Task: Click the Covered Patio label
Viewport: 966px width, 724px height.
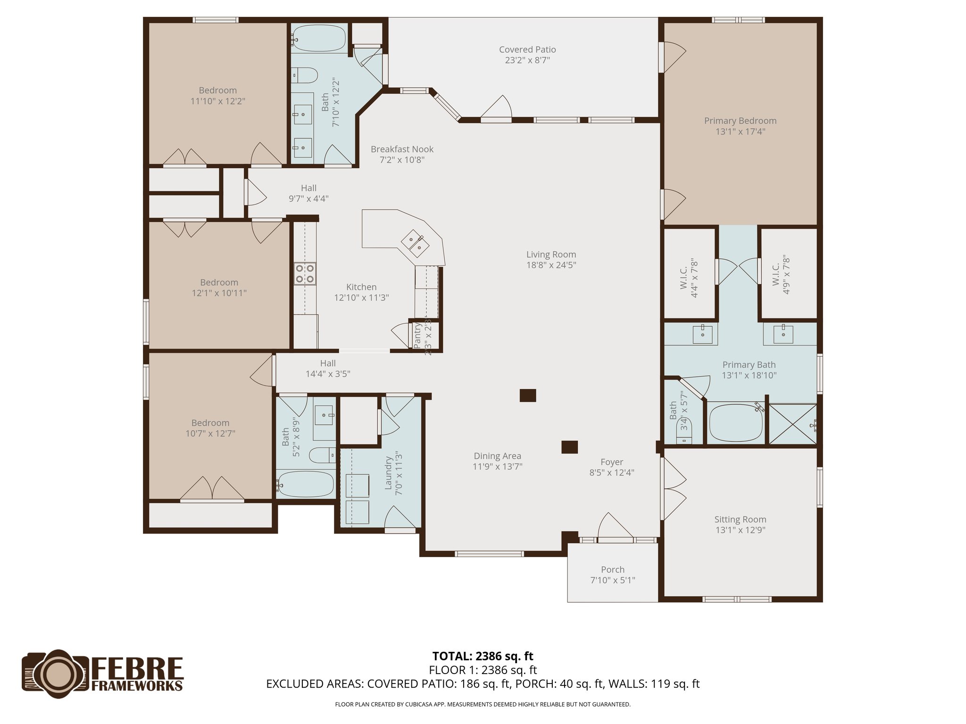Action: coord(527,49)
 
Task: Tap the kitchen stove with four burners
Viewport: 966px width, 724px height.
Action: coord(305,274)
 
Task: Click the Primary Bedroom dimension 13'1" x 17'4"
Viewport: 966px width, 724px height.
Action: coord(740,132)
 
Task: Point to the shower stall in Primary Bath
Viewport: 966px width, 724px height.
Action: coord(793,424)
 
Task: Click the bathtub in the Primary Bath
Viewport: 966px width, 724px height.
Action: coord(735,423)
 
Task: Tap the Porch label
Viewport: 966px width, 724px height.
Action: coord(612,569)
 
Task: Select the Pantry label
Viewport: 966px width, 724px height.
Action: coord(417,336)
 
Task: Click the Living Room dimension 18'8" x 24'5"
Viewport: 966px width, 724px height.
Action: coord(551,265)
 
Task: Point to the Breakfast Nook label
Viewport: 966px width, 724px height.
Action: coord(402,149)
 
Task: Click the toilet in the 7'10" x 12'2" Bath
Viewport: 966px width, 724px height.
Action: coord(304,75)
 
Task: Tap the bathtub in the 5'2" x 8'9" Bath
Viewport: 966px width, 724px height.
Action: coord(306,484)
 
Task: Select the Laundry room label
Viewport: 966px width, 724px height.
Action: coord(389,473)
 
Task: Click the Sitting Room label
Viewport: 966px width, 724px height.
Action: coord(740,519)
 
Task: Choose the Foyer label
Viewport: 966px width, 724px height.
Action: coord(611,462)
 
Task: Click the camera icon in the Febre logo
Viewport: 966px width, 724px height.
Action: coord(56,674)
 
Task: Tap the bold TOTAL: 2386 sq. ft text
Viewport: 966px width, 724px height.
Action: coord(483,656)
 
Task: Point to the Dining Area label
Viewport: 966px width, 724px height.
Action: coord(497,456)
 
